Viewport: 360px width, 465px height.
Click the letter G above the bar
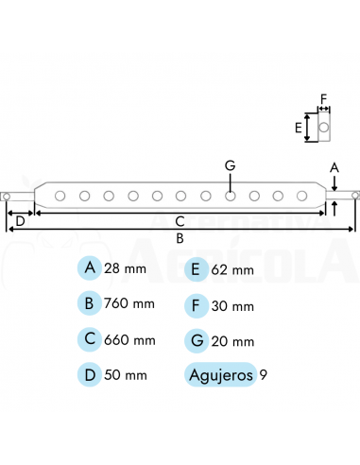coord(230,165)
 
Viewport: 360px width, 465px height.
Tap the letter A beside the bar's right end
coord(334,167)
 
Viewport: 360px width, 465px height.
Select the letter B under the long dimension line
coord(180,238)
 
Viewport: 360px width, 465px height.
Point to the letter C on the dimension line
coord(180,221)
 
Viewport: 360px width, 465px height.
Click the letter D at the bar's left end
coord(20,221)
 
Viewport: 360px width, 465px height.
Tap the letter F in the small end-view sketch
coord(322,97)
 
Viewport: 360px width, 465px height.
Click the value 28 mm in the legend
coord(126,269)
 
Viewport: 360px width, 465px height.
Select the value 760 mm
coord(131,304)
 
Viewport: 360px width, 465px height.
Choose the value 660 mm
coord(131,339)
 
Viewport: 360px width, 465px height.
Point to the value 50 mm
coord(126,375)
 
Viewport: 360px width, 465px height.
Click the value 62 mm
coord(232,270)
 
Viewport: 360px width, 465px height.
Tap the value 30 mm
coord(232,305)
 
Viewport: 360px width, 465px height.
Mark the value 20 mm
coord(232,340)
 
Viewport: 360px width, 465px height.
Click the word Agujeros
coord(221,375)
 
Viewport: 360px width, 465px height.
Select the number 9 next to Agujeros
coord(263,375)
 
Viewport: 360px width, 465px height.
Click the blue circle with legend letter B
coord(90,303)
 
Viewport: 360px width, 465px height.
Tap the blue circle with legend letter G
coord(196,339)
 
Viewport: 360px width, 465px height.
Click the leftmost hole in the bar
coord(60,197)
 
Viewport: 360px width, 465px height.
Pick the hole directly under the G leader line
coord(230,197)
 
